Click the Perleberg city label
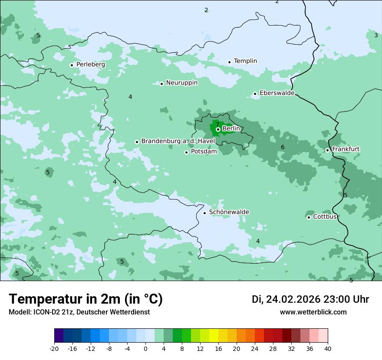pos(90,65)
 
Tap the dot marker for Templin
pos(229,62)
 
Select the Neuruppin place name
pos(181,83)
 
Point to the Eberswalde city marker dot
pos(255,94)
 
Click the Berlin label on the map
pos(231,129)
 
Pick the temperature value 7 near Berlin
pos(217,124)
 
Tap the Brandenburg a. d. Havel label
pos(178,141)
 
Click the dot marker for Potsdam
pos(186,152)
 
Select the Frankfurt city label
pos(346,149)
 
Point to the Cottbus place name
pos(325,216)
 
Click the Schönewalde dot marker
pos(204,213)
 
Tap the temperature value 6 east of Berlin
pos(283,147)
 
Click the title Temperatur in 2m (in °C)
pos(86,299)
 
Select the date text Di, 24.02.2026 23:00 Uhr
pos(310,299)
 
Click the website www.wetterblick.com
pos(313,312)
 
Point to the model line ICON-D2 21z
pos(79,312)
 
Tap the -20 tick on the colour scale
pos(54,348)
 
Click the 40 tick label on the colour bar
pos(327,348)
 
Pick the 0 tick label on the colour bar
pos(145,348)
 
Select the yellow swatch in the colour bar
pos(214,336)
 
